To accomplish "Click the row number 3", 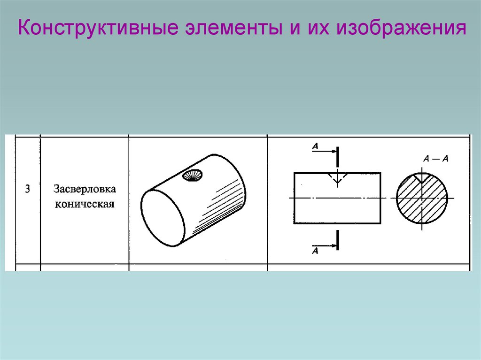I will (x=27, y=190).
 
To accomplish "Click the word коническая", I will (x=85, y=205).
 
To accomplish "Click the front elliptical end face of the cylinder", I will (x=162, y=216).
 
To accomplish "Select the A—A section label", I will (x=436, y=159).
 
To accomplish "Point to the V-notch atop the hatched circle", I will (x=421, y=177).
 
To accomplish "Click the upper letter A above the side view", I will (x=315, y=146).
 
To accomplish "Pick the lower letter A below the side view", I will (x=315, y=251).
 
